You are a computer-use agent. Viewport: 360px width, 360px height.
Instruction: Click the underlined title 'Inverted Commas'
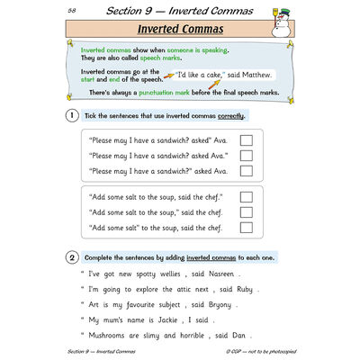coord(180,31)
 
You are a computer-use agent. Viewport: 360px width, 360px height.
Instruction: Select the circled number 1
coord(71,116)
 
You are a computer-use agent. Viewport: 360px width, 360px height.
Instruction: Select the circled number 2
coord(71,256)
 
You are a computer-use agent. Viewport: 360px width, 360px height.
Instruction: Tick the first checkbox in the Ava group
coord(246,139)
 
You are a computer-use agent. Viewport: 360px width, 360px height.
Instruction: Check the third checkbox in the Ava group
coord(246,170)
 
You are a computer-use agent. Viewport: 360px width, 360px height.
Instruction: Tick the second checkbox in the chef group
coord(246,212)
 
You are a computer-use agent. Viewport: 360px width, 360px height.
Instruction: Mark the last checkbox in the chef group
coord(246,228)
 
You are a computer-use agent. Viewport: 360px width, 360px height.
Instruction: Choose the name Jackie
coord(168,319)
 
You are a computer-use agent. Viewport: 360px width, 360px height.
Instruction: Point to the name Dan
coord(240,335)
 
